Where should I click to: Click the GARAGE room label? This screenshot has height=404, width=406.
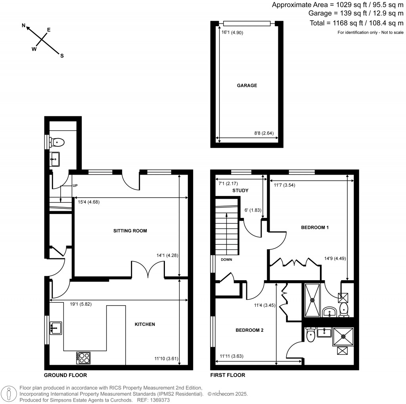(x=247, y=85)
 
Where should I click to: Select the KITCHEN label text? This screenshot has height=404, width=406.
(x=145, y=324)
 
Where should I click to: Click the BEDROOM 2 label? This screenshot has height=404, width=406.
(x=249, y=330)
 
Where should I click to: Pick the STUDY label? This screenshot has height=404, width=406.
(x=240, y=190)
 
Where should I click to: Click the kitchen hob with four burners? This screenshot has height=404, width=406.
(x=83, y=358)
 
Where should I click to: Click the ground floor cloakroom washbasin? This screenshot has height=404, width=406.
(x=55, y=160)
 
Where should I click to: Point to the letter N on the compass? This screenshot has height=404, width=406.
(x=23, y=26)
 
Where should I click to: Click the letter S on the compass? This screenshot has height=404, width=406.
(x=61, y=56)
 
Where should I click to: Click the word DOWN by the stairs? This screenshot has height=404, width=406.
(x=227, y=260)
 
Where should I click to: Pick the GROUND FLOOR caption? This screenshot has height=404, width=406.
(x=65, y=375)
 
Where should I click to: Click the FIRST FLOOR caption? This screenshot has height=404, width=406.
(x=228, y=375)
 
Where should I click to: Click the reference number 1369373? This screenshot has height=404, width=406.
(x=159, y=400)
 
